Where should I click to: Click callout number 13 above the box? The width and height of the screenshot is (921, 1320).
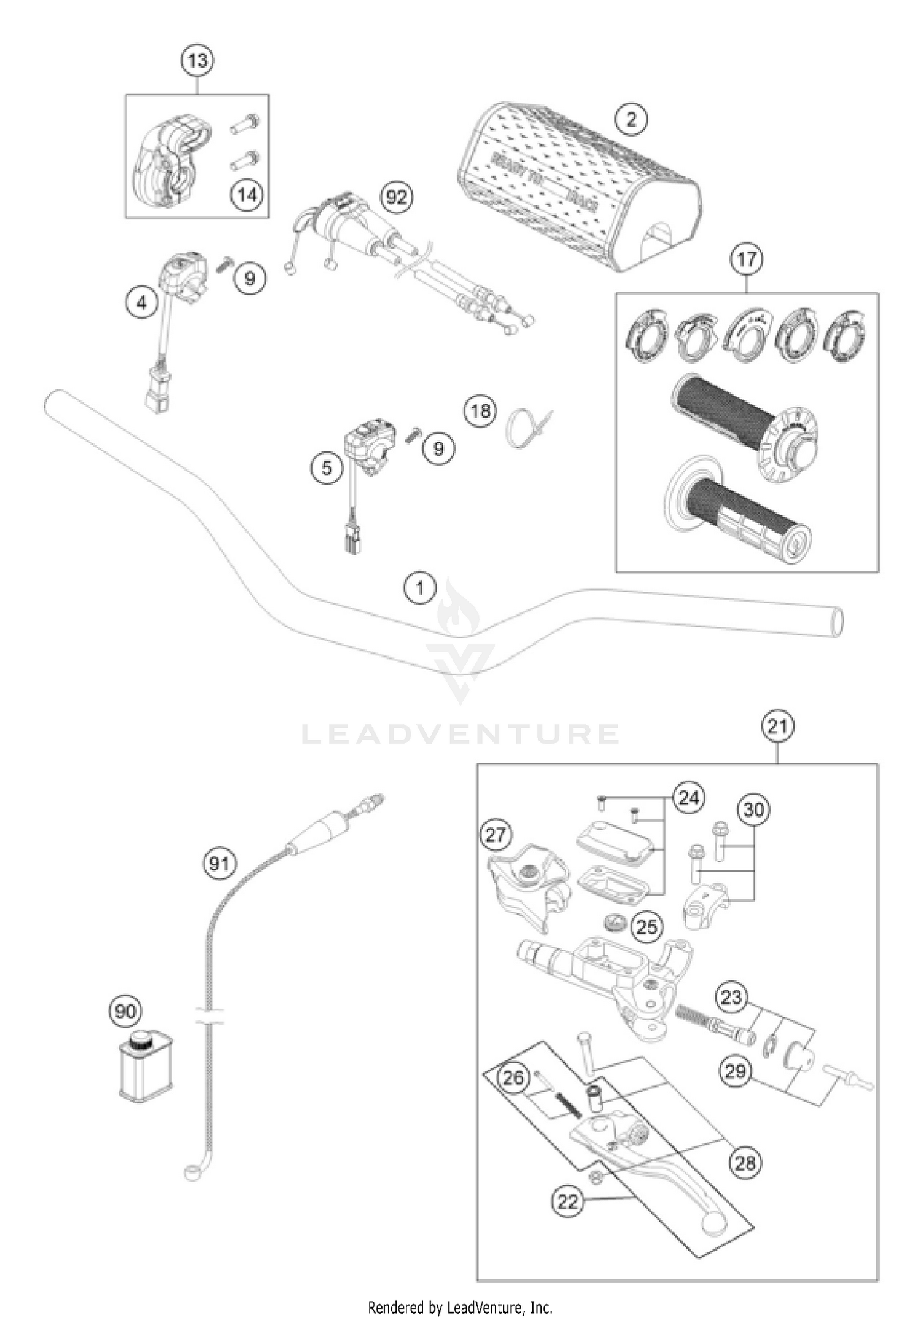198,61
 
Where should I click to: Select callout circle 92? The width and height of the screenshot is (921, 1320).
397,198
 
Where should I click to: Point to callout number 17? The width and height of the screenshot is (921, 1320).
746,259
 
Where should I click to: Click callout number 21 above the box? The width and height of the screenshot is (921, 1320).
777,727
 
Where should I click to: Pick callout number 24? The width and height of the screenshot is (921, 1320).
688,798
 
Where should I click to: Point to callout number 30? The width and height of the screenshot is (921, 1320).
753,810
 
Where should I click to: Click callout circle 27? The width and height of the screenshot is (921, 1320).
496,835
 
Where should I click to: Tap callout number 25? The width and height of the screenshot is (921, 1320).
646,926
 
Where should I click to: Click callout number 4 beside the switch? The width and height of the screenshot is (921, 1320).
142,303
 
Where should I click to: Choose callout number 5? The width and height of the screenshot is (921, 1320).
326,469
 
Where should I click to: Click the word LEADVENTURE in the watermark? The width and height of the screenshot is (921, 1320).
460,734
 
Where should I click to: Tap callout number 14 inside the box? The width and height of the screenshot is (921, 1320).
246,195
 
